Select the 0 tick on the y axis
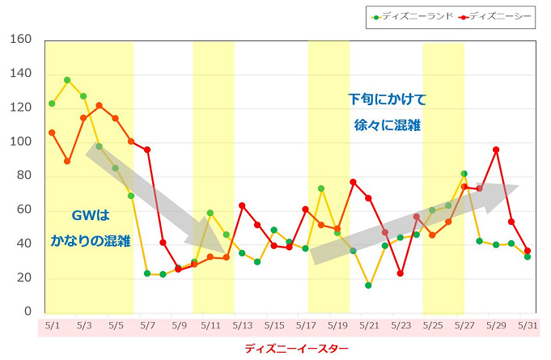[27, 311]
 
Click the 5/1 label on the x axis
[51, 326]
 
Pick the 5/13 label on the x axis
[242, 326]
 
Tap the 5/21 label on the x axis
[368, 326]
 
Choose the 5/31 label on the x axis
[527, 326]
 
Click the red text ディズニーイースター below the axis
[297, 349]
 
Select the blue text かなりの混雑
[91, 241]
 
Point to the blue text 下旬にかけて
[387, 100]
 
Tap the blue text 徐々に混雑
[387, 125]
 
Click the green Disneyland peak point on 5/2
[67, 80]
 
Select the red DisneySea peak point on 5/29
[495, 150]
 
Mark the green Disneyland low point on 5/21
[368, 285]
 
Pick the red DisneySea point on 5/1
[52, 133]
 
